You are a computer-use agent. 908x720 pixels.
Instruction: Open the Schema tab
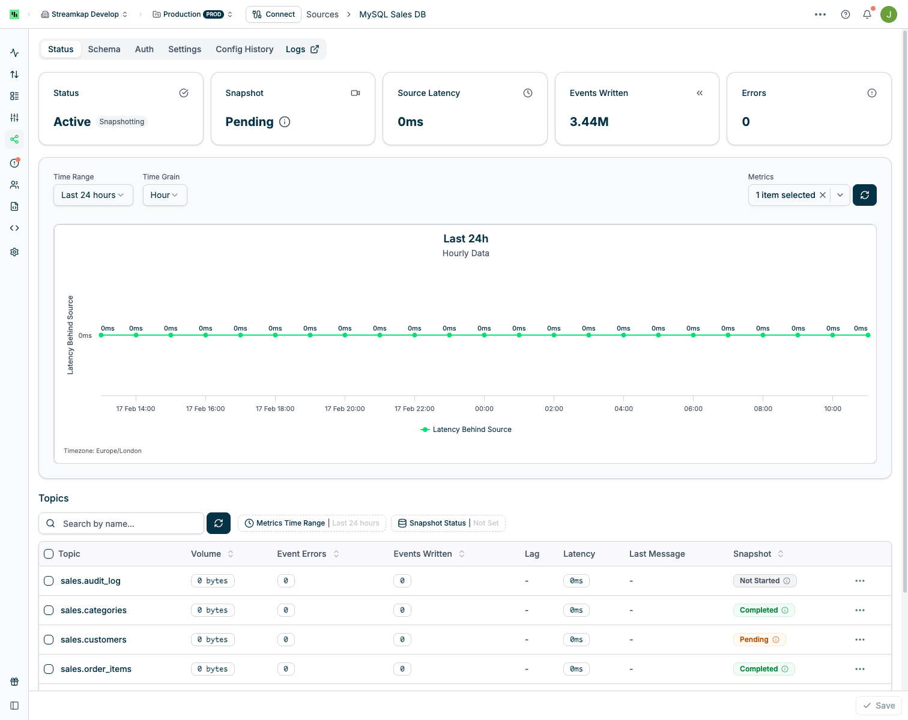pyautogui.click(x=104, y=49)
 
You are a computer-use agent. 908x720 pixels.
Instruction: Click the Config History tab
pyautogui.click(x=244, y=49)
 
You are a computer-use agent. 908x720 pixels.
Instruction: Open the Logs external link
pyautogui.click(x=302, y=49)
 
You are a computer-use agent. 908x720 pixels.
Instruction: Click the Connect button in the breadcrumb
pyautogui.click(x=273, y=14)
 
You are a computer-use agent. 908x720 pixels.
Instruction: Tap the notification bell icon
pyautogui.click(x=867, y=14)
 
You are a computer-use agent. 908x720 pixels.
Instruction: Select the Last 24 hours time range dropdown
pyautogui.click(x=93, y=195)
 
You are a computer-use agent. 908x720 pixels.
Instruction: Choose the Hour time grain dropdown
pyautogui.click(x=165, y=195)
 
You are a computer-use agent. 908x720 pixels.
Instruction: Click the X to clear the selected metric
pyautogui.click(x=823, y=195)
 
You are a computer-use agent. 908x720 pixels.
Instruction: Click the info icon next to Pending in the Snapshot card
pyautogui.click(x=285, y=122)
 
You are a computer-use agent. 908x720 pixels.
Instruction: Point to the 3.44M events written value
pyautogui.click(x=589, y=122)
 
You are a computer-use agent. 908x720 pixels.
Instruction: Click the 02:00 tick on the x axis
pyautogui.click(x=554, y=409)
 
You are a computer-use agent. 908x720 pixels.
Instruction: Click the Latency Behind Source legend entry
pyautogui.click(x=466, y=430)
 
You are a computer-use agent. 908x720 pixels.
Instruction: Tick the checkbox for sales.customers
pyautogui.click(x=49, y=640)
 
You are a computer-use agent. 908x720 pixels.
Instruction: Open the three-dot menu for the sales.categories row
pyautogui.click(x=860, y=610)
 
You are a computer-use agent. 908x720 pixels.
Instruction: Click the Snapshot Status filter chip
pyautogui.click(x=448, y=523)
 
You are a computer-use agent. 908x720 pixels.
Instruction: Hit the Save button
pyautogui.click(x=879, y=706)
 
